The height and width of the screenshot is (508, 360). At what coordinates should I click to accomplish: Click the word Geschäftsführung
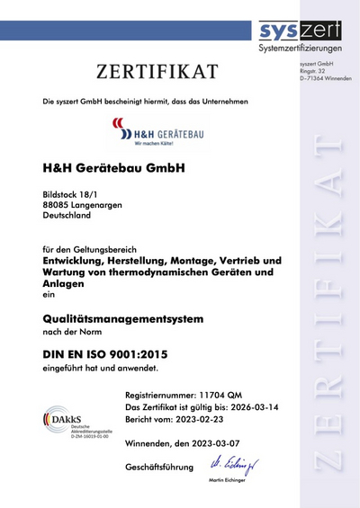tap(165, 468)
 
